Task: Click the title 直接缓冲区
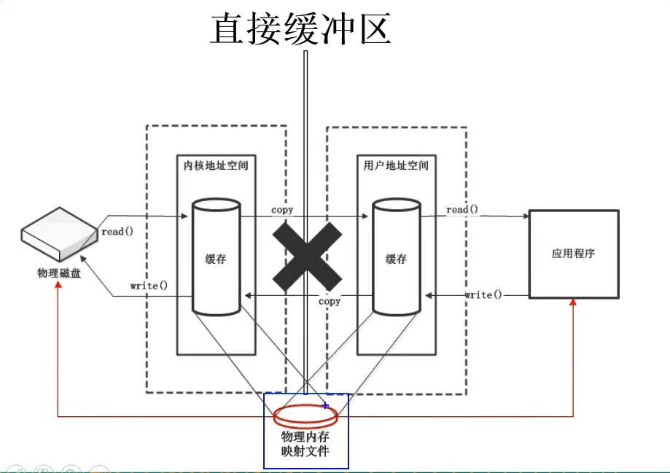[x=300, y=30]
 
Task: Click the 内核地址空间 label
[x=216, y=165]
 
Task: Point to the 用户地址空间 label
[x=396, y=165]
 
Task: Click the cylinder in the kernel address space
[x=216, y=259]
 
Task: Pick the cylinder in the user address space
[x=396, y=259]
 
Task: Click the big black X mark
[x=307, y=255]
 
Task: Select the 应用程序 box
[x=574, y=254]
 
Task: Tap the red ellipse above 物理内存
[x=305, y=415]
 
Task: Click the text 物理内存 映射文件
[x=305, y=444]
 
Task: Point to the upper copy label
[x=282, y=210]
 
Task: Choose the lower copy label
[x=330, y=300]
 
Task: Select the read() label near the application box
[x=462, y=210]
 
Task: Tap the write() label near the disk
[x=149, y=285]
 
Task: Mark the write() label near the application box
[x=483, y=294]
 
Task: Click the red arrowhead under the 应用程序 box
[x=573, y=302]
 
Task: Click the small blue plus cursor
[x=325, y=405]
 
